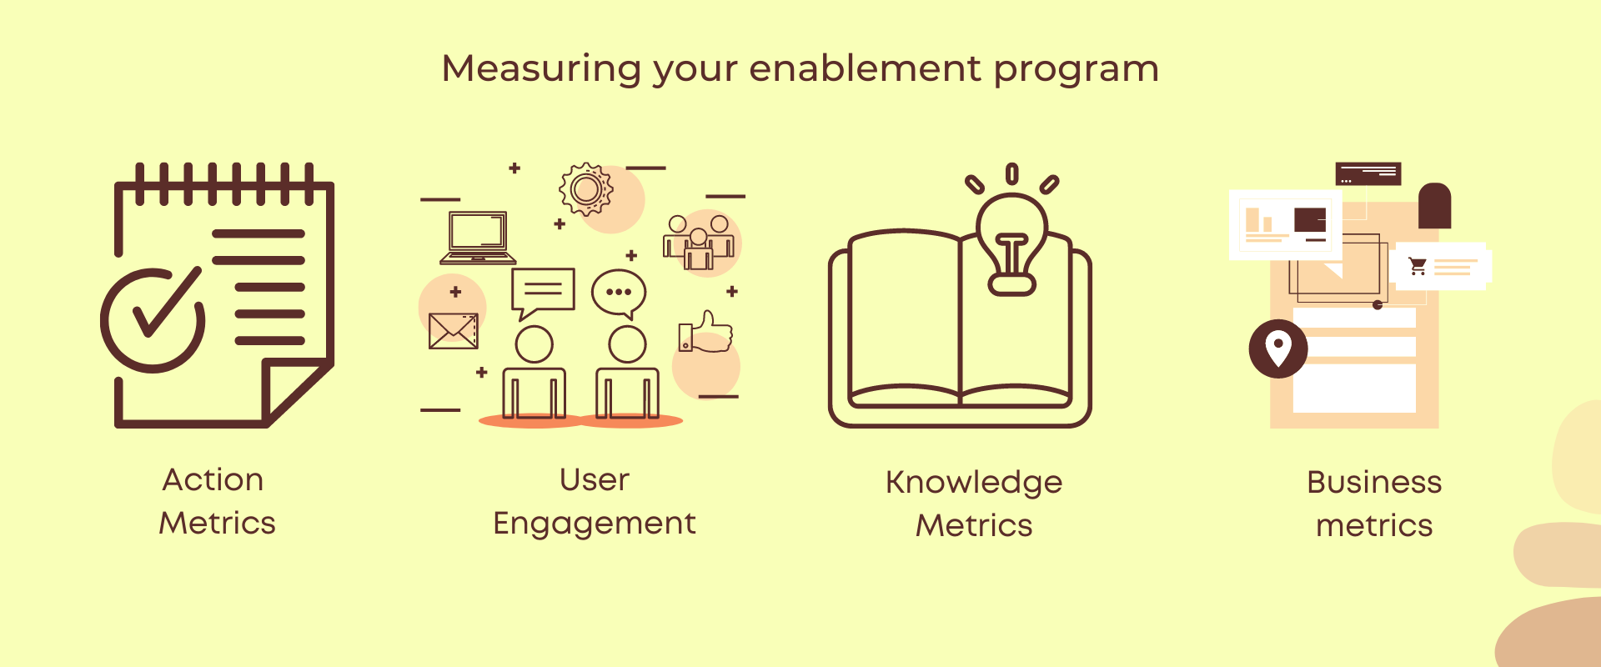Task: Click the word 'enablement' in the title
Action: [865, 68]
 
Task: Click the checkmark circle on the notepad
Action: [153, 320]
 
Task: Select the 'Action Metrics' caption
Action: [216, 501]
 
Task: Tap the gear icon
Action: [586, 189]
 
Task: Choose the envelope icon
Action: [453, 331]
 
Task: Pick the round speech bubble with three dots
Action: [619, 293]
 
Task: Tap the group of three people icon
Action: [699, 243]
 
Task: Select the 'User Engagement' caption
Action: [594, 501]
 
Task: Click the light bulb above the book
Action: [1011, 242]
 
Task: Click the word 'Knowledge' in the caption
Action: [974, 483]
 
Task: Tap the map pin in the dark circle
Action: [1277, 349]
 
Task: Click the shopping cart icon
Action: [1418, 266]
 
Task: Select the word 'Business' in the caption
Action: [1374, 483]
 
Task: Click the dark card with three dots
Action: [1368, 174]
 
